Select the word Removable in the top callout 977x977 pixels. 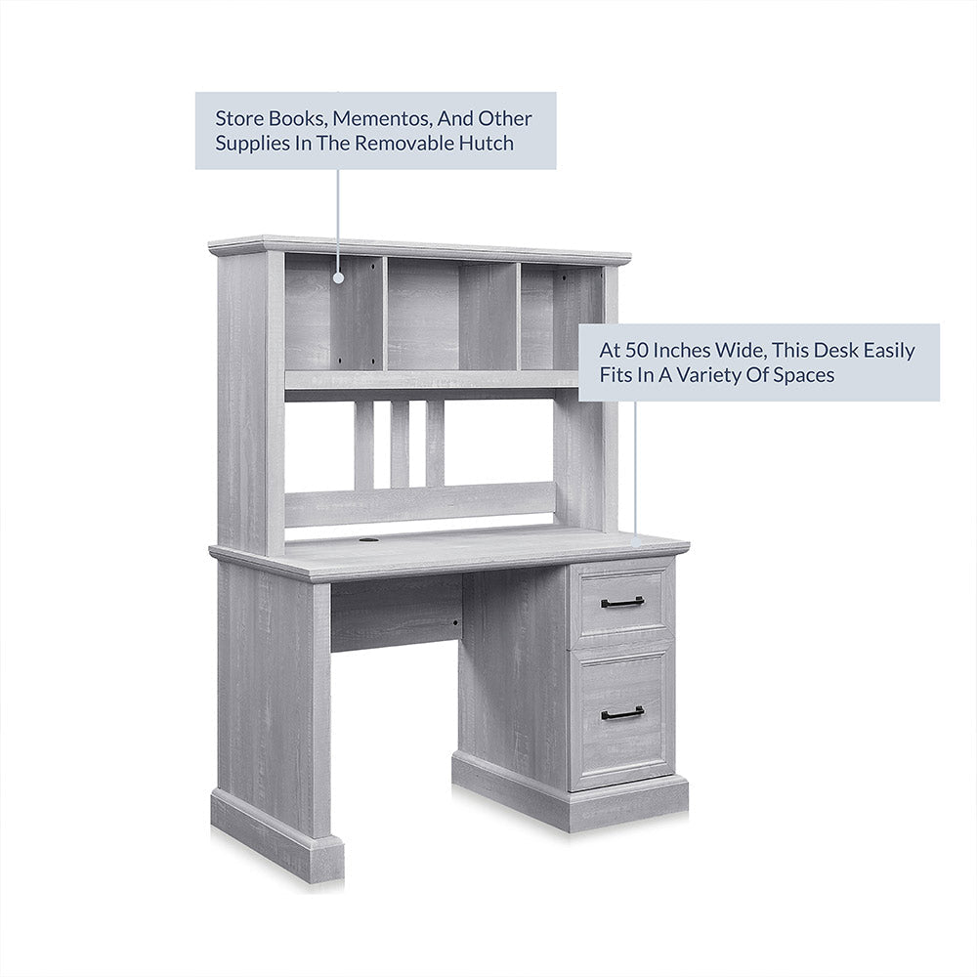pyautogui.click(x=405, y=144)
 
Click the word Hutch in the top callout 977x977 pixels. pyautogui.click(x=487, y=144)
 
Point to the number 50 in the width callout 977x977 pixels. pyautogui.click(x=636, y=350)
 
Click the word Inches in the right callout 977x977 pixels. pyautogui.click(x=682, y=350)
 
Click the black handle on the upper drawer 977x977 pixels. pyautogui.click(x=622, y=602)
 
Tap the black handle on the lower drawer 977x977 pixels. pyautogui.click(x=622, y=713)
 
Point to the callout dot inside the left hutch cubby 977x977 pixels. pyautogui.click(x=338, y=277)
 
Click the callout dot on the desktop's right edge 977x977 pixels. pyautogui.click(x=636, y=541)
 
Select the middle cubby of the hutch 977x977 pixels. pyautogui.click(x=452, y=316)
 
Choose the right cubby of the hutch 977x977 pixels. pyautogui.click(x=562, y=318)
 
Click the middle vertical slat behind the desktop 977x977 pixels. pyautogui.click(x=400, y=444)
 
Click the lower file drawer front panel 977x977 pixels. pyautogui.click(x=621, y=715)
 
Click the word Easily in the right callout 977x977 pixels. pyautogui.click(x=888, y=351)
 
